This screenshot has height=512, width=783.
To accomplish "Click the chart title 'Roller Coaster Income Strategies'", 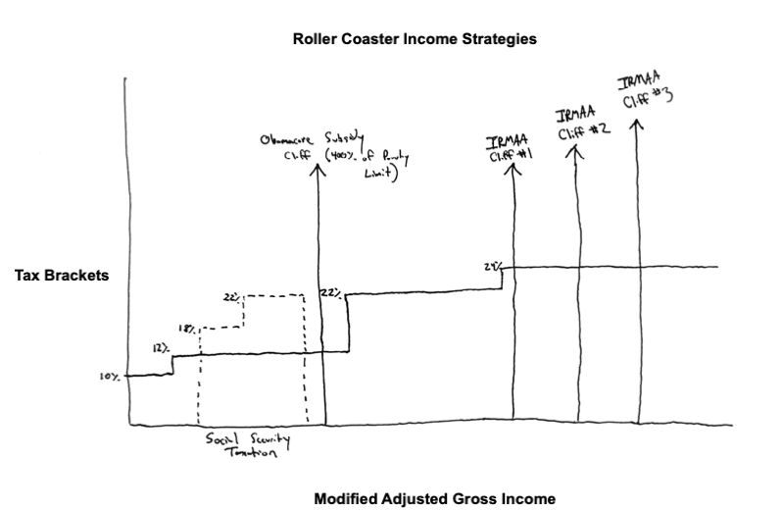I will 416,40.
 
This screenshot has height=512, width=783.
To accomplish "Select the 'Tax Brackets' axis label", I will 61,276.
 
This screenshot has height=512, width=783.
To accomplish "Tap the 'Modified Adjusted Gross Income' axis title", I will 434,499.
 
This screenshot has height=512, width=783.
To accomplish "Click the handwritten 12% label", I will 160,348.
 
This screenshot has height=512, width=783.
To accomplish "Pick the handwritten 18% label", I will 186,330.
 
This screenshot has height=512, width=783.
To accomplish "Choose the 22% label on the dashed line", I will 231,294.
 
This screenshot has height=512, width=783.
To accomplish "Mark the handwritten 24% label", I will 492,266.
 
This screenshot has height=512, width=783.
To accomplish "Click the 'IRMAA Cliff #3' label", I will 644,88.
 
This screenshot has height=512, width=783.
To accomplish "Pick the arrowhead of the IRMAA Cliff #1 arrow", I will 514,168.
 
